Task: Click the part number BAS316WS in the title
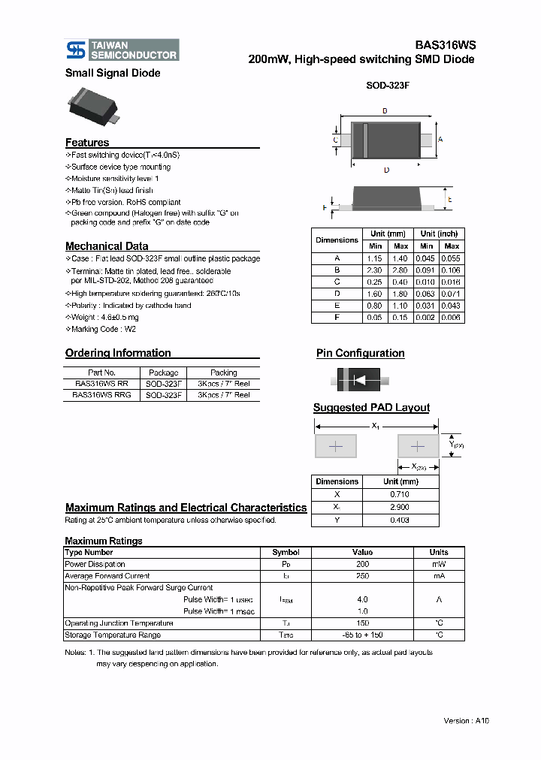coord(445,45)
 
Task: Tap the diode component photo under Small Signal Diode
coord(93,105)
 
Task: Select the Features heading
coord(87,143)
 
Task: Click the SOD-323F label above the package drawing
coord(387,86)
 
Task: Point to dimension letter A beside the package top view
coord(440,140)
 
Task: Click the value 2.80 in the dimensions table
coord(401,270)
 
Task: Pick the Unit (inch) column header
coord(439,234)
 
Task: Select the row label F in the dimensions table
coord(337,318)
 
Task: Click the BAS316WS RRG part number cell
coord(101,395)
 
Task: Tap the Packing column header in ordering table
coord(223,372)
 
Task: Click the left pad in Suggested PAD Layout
coord(336,447)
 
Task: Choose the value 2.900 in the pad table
coord(400,507)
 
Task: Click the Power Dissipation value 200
coord(363,564)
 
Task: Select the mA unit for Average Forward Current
coord(439,576)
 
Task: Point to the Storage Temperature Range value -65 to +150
coord(363,635)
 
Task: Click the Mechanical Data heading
coord(107,246)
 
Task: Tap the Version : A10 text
coord(467,720)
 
